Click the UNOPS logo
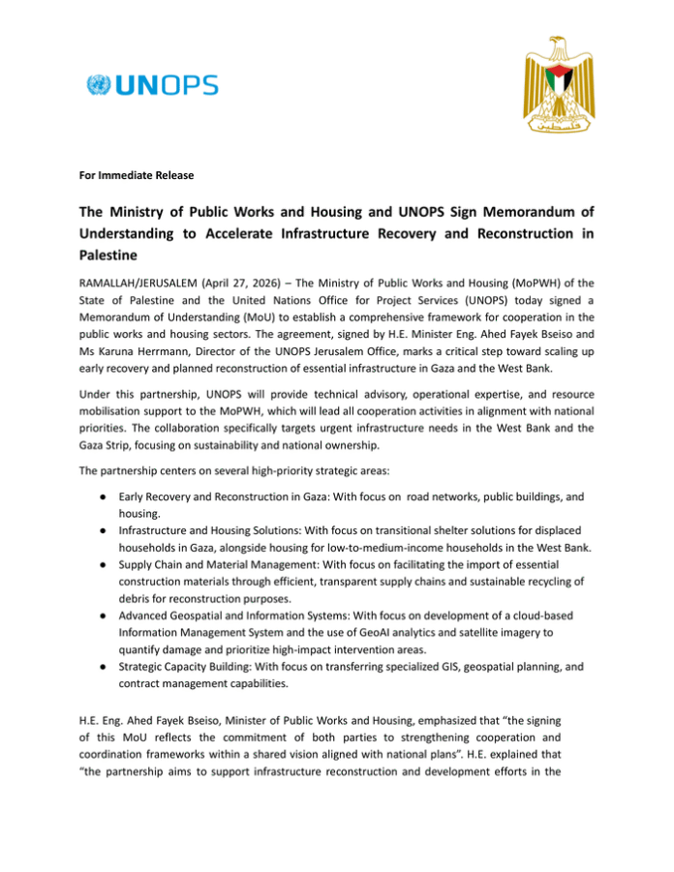pos(152,85)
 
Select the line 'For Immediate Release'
pos(137,175)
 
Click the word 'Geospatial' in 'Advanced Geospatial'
pos(202,618)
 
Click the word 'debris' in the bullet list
pos(136,601)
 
